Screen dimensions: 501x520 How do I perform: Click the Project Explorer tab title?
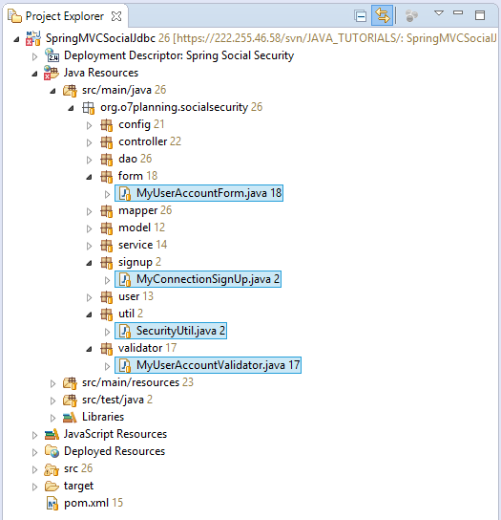[x=65, y=16]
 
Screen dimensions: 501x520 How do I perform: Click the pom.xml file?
[x=86, y=503]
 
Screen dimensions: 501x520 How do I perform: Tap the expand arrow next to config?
[x=89, y=125]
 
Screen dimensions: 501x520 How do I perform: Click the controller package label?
[x=143, y=141]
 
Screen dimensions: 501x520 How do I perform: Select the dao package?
[x=128, y=159]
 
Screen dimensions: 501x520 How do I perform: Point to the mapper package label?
[x=138, y=211]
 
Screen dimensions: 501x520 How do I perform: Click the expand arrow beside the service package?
[x=89, y=246]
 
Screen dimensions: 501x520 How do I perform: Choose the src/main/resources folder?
[x=131, y=382]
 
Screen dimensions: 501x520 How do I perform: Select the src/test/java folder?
[x=113, y=400]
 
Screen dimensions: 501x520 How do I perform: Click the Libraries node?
[x=103, y=417]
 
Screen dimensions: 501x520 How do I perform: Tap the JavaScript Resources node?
[x=115, y=434]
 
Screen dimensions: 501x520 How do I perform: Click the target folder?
[x=79, y=486]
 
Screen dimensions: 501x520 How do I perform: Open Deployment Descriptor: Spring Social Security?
[x=178, y=55]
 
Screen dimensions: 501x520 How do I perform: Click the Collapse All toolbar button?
[x=361, y=16]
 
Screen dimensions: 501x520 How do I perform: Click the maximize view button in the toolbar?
[x=480, y=15]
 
